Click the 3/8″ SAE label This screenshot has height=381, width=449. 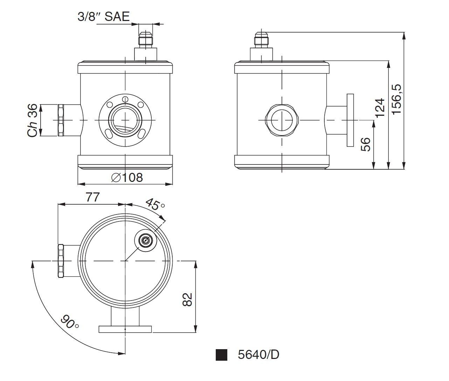pyautogui.click(x=104, y=16)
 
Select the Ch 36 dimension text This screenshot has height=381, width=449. pyautogui.click(x=33, y=120)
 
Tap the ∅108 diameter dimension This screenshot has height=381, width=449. pyautogui.click(x=127, y=177)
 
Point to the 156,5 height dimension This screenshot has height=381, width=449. pyautogui.click(x=396, y=99)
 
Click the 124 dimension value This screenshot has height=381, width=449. pyautogui.click(x=380, y=108)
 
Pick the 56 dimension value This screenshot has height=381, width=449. pyautogui.click(x=365, y=144)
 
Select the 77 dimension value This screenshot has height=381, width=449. pyautogui.click(x=93, y=197)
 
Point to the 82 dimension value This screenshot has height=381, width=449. pyautogui.click(x=187, y=299)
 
